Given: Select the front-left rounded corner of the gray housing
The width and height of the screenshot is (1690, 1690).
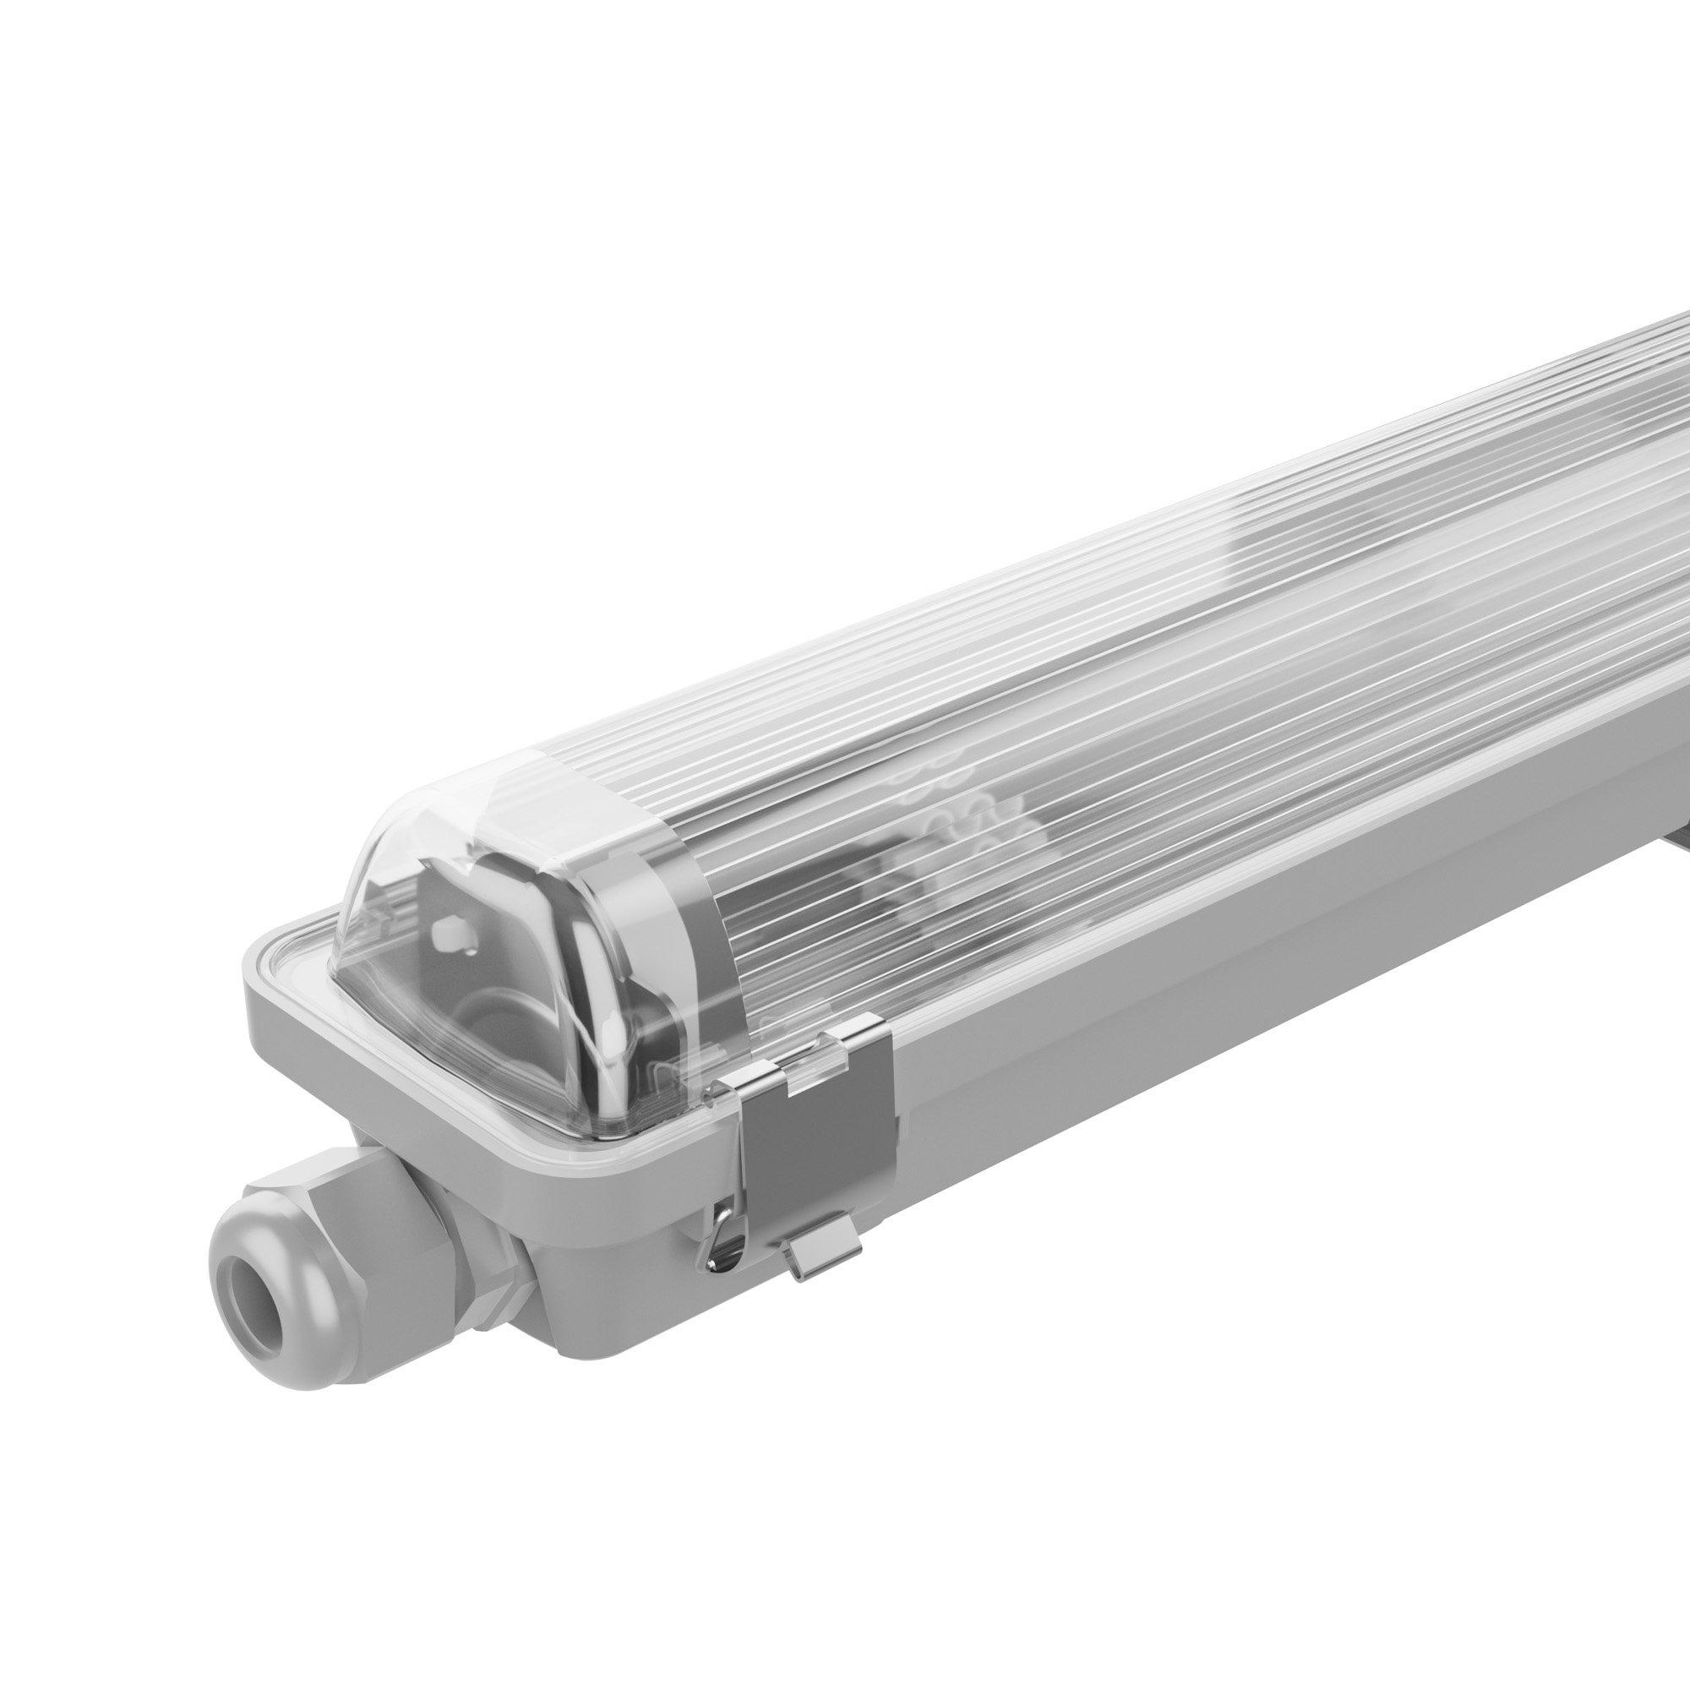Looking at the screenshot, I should pos(263,1006).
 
